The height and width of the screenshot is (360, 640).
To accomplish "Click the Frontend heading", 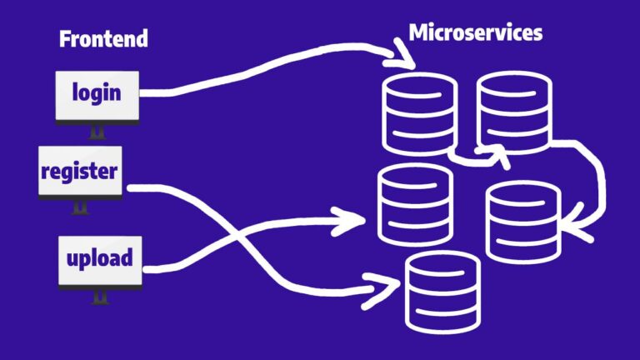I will tap(103, 38).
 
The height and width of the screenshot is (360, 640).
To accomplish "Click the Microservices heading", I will tap(475, 32).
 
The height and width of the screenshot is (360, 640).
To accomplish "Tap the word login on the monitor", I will tap(96, 92).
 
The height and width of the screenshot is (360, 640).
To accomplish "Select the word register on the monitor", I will tap(79, 172).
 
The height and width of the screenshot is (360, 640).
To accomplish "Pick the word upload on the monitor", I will tap(99, 257).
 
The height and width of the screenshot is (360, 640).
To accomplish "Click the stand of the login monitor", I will tap(97, 132).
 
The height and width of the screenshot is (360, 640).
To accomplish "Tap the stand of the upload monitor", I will tap(100, 296).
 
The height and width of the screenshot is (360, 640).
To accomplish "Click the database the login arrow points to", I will tap(418, 113).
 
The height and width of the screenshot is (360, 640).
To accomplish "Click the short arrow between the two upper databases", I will tap(475, 157).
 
